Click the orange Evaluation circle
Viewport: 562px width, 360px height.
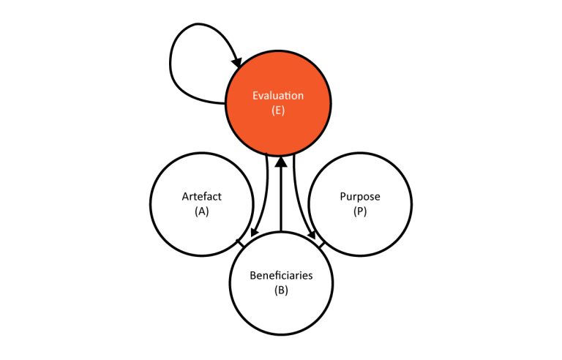point(278,103)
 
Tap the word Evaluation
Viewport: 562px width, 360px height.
point(278,96)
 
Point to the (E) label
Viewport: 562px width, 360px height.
point(278,110)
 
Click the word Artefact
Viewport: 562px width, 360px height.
point(202,197)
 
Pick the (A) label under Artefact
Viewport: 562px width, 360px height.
point(202,211)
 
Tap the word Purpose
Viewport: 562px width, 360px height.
point(360,197)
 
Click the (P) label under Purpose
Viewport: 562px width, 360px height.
point(360,211)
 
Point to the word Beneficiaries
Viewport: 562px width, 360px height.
point(281,275)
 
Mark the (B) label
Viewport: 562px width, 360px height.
point(281,290)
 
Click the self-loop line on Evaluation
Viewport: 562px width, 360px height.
point(171,64)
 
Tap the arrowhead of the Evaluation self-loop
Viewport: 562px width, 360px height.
point(237,61)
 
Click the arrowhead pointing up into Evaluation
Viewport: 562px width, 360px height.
point(281,162)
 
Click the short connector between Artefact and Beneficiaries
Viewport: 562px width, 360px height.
point(240,243)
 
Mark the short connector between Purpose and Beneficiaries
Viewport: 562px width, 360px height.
point(321,245)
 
